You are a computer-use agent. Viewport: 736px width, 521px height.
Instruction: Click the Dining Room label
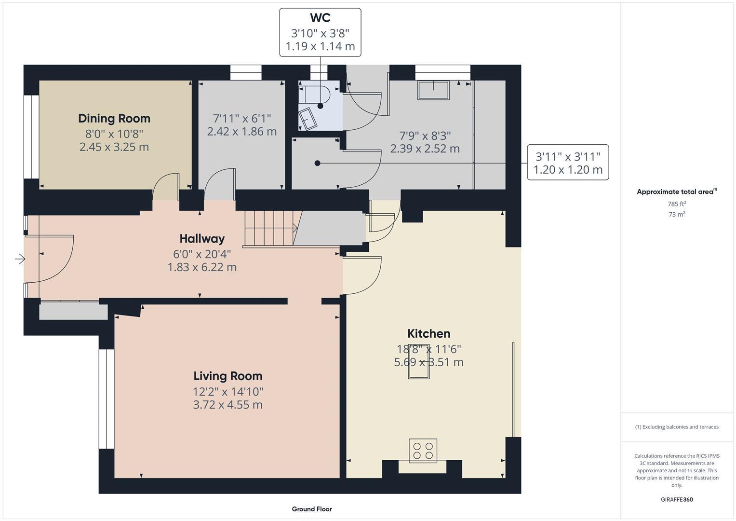tap(114, 118)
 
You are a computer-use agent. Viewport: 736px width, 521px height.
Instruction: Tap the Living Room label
tap(227, 376)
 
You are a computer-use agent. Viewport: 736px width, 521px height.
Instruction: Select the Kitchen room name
tap(428, 333)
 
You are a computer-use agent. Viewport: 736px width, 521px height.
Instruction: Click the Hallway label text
tap(202, 238)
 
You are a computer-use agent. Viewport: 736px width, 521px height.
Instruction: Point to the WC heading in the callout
tap(320, 18)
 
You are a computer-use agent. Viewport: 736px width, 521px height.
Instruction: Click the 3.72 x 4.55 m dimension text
tap(227, 404)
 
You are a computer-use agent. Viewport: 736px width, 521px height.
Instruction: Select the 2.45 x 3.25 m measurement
tap(114, 147)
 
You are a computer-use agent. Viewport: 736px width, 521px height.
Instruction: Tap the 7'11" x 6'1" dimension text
tap(241, 118)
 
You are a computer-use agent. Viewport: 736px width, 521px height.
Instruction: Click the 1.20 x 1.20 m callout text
tap(568, 170)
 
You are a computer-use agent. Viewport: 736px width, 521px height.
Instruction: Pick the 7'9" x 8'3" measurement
tap(425, 136)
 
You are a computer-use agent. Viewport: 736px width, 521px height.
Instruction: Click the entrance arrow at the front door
tap(20, 260)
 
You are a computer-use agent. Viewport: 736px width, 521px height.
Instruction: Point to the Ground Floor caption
tap(311, 509)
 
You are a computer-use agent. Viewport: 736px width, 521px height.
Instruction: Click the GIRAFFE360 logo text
tap(676, 499)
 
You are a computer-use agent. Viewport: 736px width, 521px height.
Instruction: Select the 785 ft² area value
tap(676, 204)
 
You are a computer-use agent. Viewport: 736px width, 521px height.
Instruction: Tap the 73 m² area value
tap(676, 214)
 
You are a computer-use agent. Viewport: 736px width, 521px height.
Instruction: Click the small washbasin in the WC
tap(308, 118)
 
